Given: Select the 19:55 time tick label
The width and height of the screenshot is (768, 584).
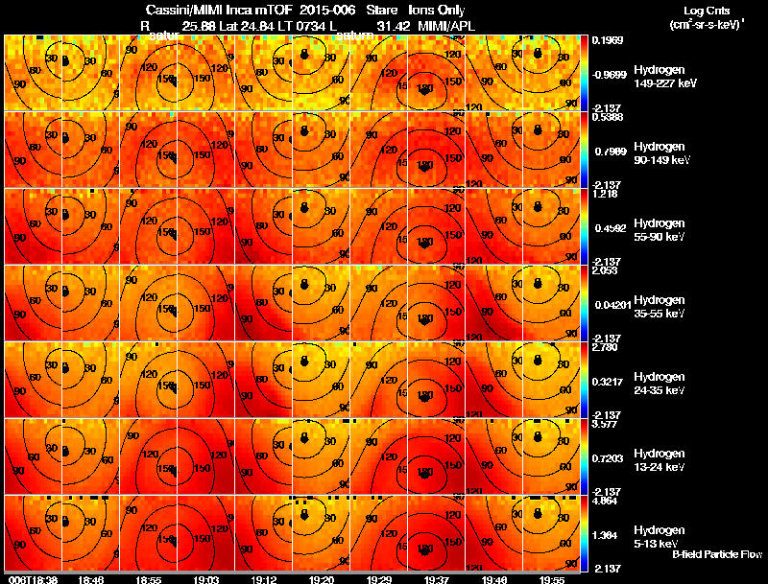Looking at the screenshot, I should (552, 579).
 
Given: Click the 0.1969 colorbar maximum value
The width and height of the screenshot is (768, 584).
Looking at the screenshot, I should (608, 40).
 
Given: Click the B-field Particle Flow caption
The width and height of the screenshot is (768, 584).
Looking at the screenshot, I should (717, 555).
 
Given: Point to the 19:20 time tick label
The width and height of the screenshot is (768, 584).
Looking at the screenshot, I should (322, 579).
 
